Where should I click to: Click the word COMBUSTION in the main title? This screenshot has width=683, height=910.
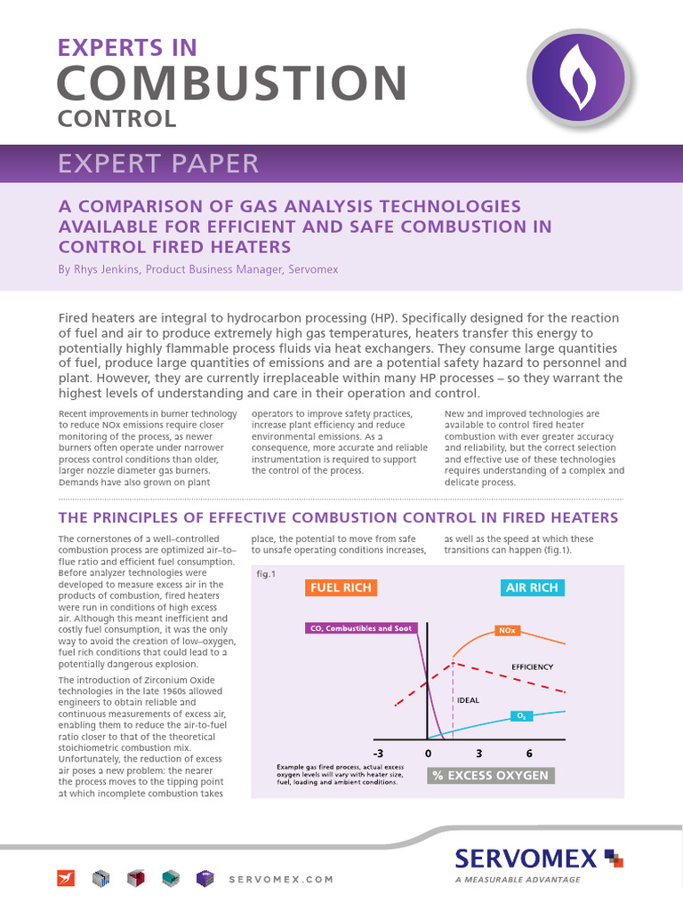coord(231,84)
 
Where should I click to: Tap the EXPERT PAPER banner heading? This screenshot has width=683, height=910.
coord(158,164)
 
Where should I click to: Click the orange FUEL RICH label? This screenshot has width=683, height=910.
coord(340,587)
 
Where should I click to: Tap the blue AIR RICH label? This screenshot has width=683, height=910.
coord(531,587)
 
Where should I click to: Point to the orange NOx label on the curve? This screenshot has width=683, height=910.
coord(507,632)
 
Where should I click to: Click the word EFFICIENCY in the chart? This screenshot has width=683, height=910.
coord(532,667)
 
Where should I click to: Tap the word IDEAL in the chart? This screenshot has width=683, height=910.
coord(468,699)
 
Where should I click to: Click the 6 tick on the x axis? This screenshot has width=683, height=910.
coord(529,754)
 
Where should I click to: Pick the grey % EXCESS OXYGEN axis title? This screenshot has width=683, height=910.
coord(489,776)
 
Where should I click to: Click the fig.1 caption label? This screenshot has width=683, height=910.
coord(266,574)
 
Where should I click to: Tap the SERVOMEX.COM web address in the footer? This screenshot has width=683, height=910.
coord(281,879)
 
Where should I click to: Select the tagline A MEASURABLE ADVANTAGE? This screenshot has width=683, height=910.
coord(517,880)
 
